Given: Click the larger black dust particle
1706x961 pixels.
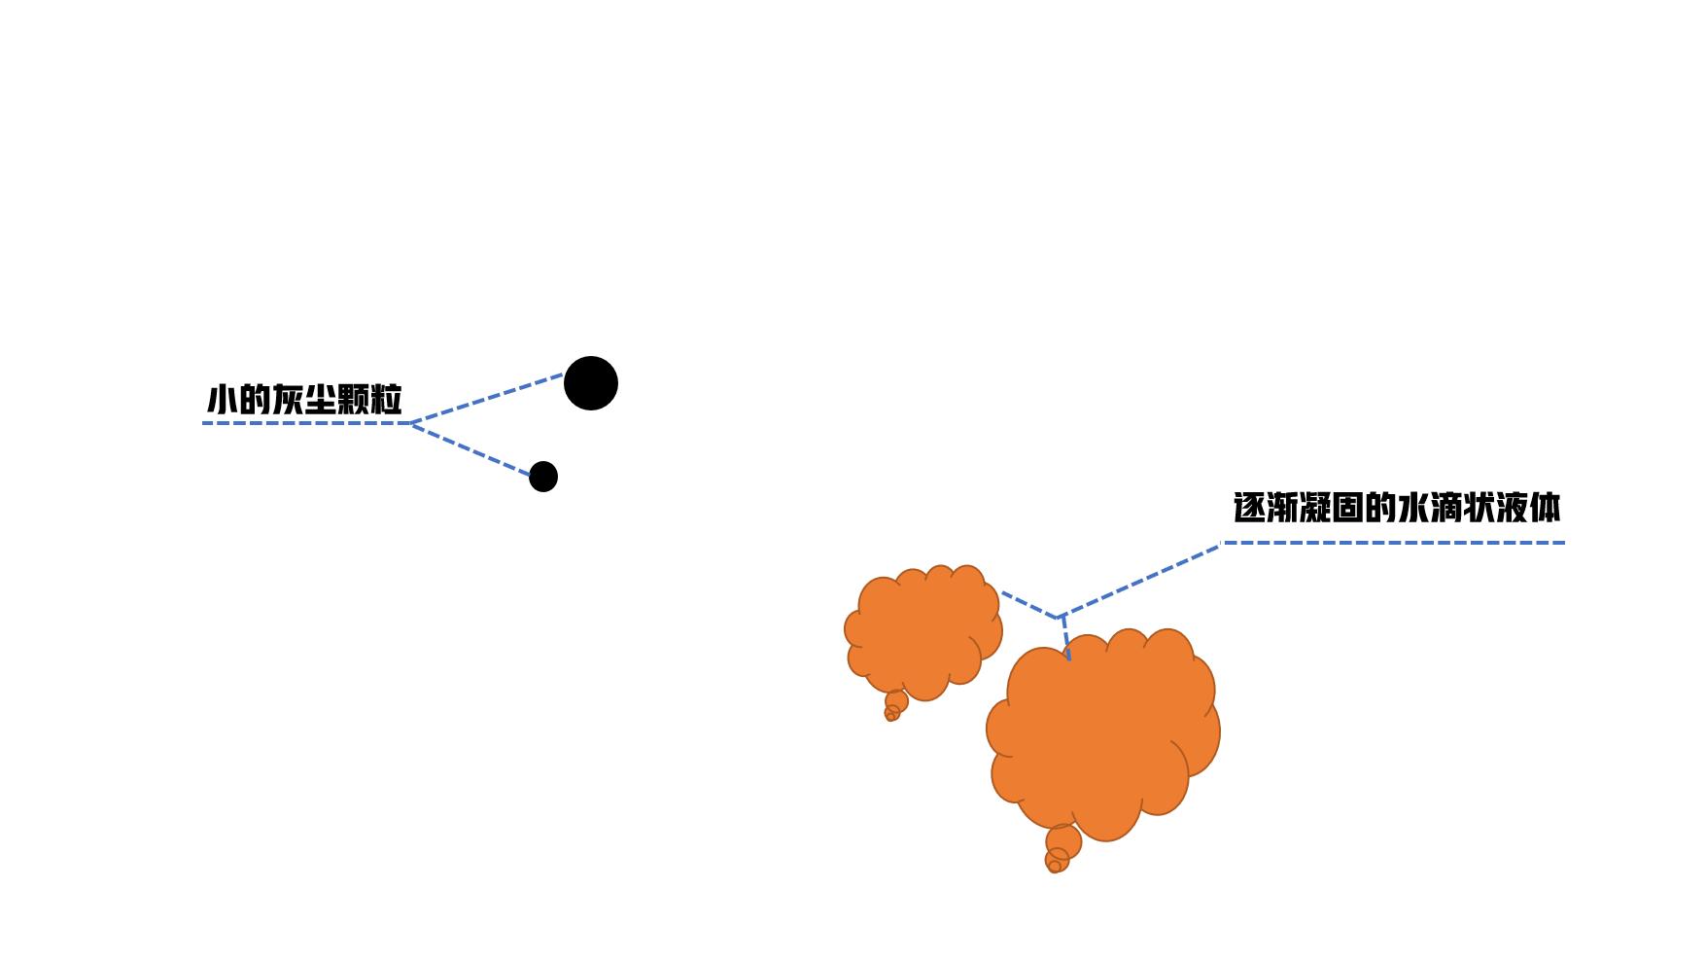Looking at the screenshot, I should [591, 383].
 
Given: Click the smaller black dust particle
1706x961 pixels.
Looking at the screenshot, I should [543, 477].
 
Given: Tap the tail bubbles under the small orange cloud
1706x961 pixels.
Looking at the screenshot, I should [894, 706].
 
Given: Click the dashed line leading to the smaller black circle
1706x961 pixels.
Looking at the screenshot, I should [471, 449].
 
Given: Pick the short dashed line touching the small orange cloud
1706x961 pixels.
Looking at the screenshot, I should [1028, 604].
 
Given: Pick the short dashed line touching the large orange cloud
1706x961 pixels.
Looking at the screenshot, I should [1066, 638].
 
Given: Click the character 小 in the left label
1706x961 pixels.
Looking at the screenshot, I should [222, 400].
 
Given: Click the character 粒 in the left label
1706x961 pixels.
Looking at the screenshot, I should [386, 400].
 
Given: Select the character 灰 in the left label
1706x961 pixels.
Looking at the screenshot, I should [288, 400].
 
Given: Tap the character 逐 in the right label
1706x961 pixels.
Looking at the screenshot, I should [1250, 508].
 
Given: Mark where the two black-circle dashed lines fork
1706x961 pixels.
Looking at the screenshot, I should [411, 423].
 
